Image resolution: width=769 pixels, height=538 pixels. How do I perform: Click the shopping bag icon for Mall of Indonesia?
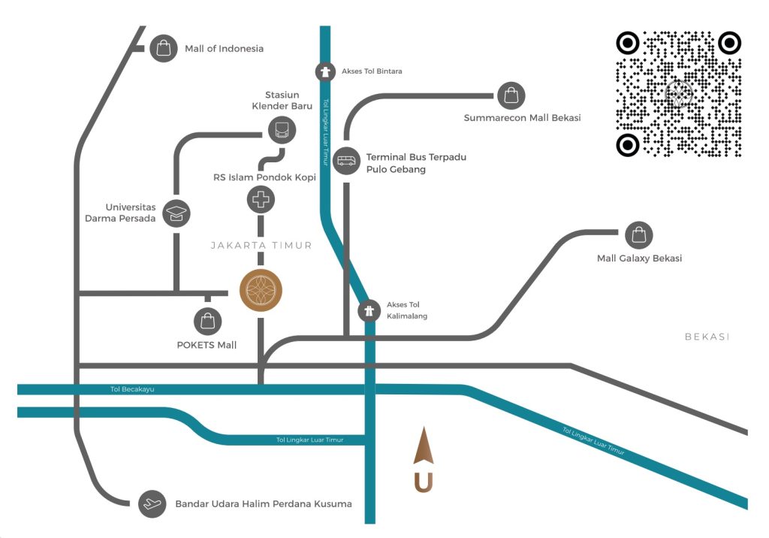coord(163,48)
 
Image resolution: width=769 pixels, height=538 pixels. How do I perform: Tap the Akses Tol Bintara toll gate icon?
coord(324,71)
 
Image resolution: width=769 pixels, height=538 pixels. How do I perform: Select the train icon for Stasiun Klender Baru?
coord(282,130)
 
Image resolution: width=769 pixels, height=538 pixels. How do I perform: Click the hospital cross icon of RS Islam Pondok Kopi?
coord(261,200)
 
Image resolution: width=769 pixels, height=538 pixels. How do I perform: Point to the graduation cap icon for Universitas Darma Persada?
coord(176,213)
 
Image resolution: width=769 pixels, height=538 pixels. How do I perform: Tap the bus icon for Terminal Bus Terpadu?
coord(346,161)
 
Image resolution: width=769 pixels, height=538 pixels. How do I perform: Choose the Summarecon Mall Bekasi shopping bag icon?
coord(511,95)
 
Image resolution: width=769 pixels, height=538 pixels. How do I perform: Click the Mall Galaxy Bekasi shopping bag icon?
coord(638,235)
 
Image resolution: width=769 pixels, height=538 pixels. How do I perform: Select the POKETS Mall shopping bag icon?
coord(207,322)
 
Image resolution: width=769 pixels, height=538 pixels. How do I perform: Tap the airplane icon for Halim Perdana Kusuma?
coord(152,503)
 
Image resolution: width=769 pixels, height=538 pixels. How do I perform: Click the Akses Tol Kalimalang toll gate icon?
coord(369,311)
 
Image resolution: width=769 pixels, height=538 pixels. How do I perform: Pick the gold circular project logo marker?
coord(261,291)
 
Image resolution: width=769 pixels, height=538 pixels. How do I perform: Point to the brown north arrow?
coord(424,446)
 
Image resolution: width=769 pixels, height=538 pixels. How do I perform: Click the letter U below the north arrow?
coord(424,482)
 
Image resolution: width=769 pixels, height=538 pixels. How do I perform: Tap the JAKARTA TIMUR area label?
coord(261,246)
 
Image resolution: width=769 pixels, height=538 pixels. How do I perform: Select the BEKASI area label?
coord(707,337)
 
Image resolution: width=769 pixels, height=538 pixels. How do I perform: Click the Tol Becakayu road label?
coord(132,389)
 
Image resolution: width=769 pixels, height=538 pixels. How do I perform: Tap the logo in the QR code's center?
coord(679,94)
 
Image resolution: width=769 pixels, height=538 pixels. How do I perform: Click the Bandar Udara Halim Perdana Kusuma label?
coord(264,503)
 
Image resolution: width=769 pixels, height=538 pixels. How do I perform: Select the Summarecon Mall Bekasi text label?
coord(523,118)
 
